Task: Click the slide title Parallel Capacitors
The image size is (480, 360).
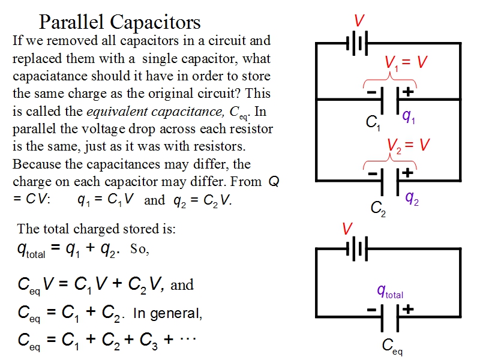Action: (119, 22)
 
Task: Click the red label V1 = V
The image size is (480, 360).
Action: (406, 62)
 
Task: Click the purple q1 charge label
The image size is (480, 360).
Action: (409, 116)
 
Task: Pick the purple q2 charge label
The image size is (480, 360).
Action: (412, 197)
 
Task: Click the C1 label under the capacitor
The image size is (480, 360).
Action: (373, 123)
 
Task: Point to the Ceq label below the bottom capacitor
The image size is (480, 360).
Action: (392, 346)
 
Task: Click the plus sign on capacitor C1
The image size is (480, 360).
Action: (408, 92)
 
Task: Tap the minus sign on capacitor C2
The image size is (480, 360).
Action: (371, 173)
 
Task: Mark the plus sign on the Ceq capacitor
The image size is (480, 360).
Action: (408, 310)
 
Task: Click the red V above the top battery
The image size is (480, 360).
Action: (359, 21)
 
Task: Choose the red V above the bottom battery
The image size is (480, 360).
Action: (347, 229)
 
